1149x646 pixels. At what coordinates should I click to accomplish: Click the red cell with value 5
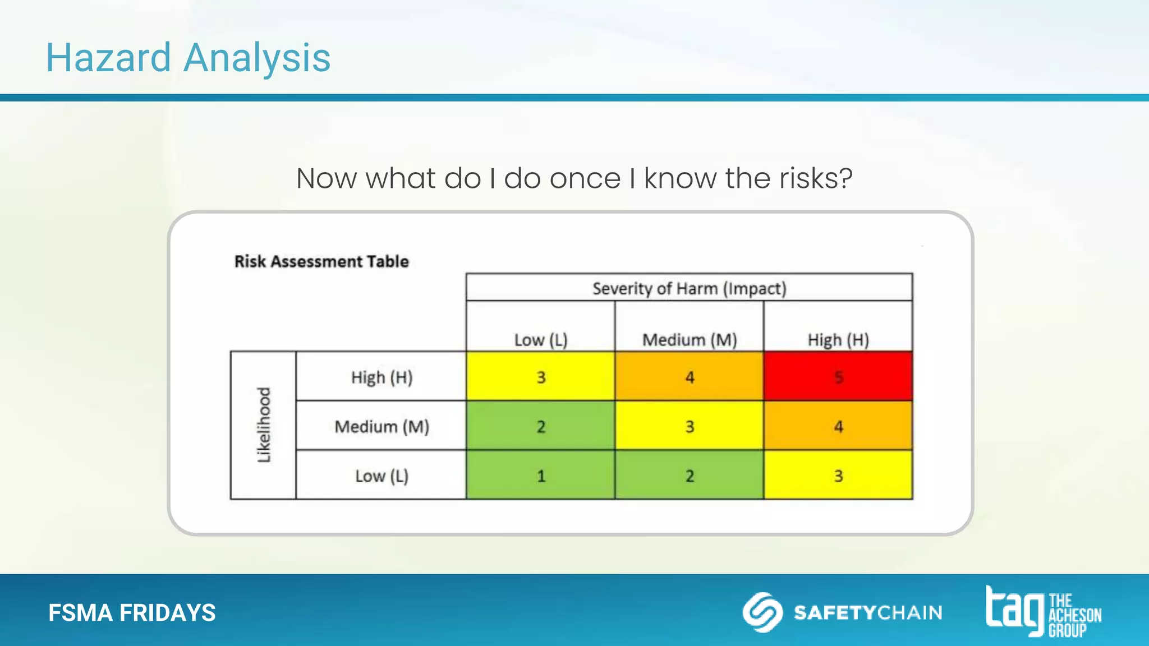point(838,376)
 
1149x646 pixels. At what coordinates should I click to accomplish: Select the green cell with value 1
point(540,475)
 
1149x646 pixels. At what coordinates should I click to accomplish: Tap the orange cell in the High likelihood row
point(689,376)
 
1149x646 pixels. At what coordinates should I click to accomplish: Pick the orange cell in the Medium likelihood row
point(838,426)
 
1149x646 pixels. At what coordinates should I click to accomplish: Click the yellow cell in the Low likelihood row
point(838,475)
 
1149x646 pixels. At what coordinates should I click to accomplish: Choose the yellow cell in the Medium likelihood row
point(689,426)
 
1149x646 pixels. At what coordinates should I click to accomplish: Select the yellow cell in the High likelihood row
point(540,376)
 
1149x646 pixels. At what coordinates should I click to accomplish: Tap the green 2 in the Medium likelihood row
point(540,426)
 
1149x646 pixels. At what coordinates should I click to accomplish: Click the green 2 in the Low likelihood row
point(689,475)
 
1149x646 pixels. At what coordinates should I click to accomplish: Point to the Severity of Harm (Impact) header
point(689,288)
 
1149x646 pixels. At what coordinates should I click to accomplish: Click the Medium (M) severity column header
point(689,339)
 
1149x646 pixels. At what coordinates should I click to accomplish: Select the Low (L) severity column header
point(540,339)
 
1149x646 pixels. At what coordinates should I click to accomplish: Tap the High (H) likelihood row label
point(382,377)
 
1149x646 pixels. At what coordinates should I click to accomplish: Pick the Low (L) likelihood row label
point(382,476)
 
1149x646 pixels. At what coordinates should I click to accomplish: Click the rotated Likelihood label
point(264,425)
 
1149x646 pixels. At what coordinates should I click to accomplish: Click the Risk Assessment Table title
point(321,261)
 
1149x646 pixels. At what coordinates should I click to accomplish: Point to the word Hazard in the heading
point(108,58)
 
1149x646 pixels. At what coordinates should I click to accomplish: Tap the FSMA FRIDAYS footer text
point(132,612)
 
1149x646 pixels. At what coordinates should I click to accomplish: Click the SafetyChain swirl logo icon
point(762,612)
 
